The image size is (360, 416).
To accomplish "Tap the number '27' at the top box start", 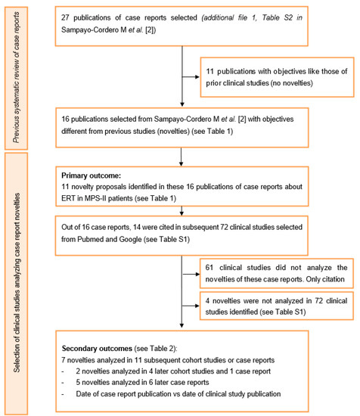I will click(70, 17).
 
